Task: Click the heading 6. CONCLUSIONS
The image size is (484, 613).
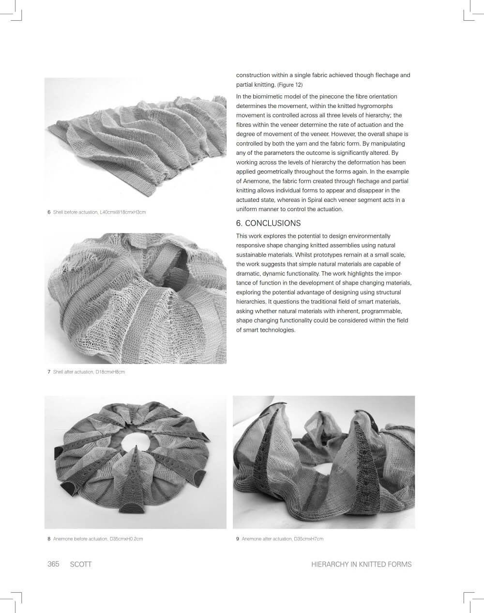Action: (268, 223)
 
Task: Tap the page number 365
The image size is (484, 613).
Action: (53, 564)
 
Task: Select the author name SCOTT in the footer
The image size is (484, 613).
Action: (81, 564)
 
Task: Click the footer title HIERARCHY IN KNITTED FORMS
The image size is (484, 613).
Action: (362, 564)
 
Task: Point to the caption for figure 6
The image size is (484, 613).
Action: (97, 212)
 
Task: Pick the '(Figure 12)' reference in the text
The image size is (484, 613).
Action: (290, 85)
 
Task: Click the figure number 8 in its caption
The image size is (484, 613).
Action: (49, 538)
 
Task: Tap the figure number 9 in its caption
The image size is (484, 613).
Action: (238, 538)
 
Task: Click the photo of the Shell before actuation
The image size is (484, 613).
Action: (136, 140)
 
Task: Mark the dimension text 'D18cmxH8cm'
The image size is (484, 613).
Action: (110, 372)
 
